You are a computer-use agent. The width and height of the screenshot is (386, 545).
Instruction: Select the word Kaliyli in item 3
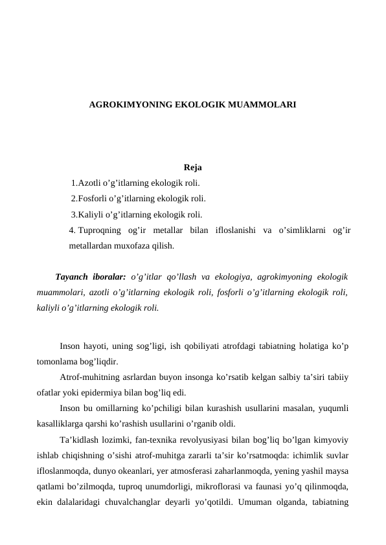(91, 214)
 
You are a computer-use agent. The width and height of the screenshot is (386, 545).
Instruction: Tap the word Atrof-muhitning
(89, 377)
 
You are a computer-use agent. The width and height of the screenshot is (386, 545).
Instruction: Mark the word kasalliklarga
(62, 424)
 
